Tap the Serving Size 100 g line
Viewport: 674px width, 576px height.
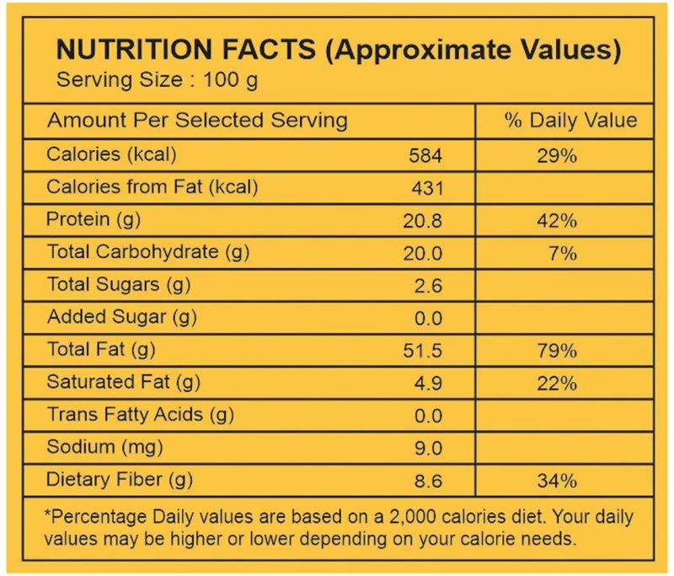coord(156,82)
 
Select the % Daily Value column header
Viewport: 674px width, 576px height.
coord(570,121)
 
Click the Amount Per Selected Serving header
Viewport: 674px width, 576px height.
coord(197,121)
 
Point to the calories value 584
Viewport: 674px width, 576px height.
coord(425,156)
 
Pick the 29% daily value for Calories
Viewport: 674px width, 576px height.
coord(556,156)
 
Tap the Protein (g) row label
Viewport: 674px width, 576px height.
coord(93,220)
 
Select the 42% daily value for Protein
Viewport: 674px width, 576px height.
coord(556,221)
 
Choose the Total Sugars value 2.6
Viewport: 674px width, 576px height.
coord(428,286)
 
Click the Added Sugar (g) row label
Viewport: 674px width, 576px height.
coord(121,318)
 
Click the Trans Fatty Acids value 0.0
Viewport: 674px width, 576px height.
coord(428,416)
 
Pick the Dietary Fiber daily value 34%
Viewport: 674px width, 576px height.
coord(556,482)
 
